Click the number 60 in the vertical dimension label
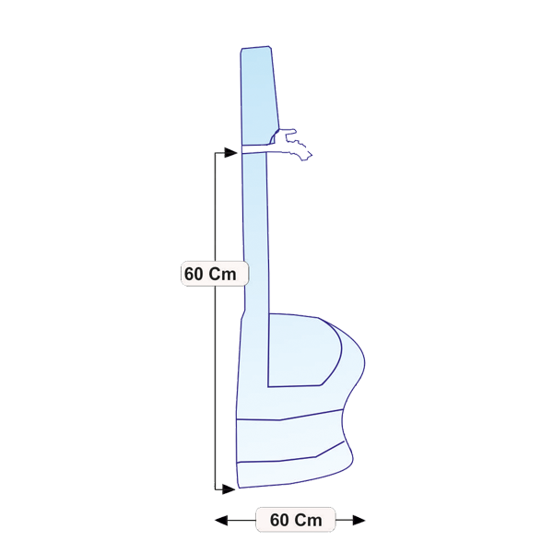pos(194,274)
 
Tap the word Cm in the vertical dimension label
pos(222,274)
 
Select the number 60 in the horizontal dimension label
pos(279,520)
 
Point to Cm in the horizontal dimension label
pos(308,520)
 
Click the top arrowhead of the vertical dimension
pos(231,153)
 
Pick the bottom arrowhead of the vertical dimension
pos(229,489)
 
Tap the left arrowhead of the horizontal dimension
pos(221,520)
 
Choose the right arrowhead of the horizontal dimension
pos(359,520)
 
